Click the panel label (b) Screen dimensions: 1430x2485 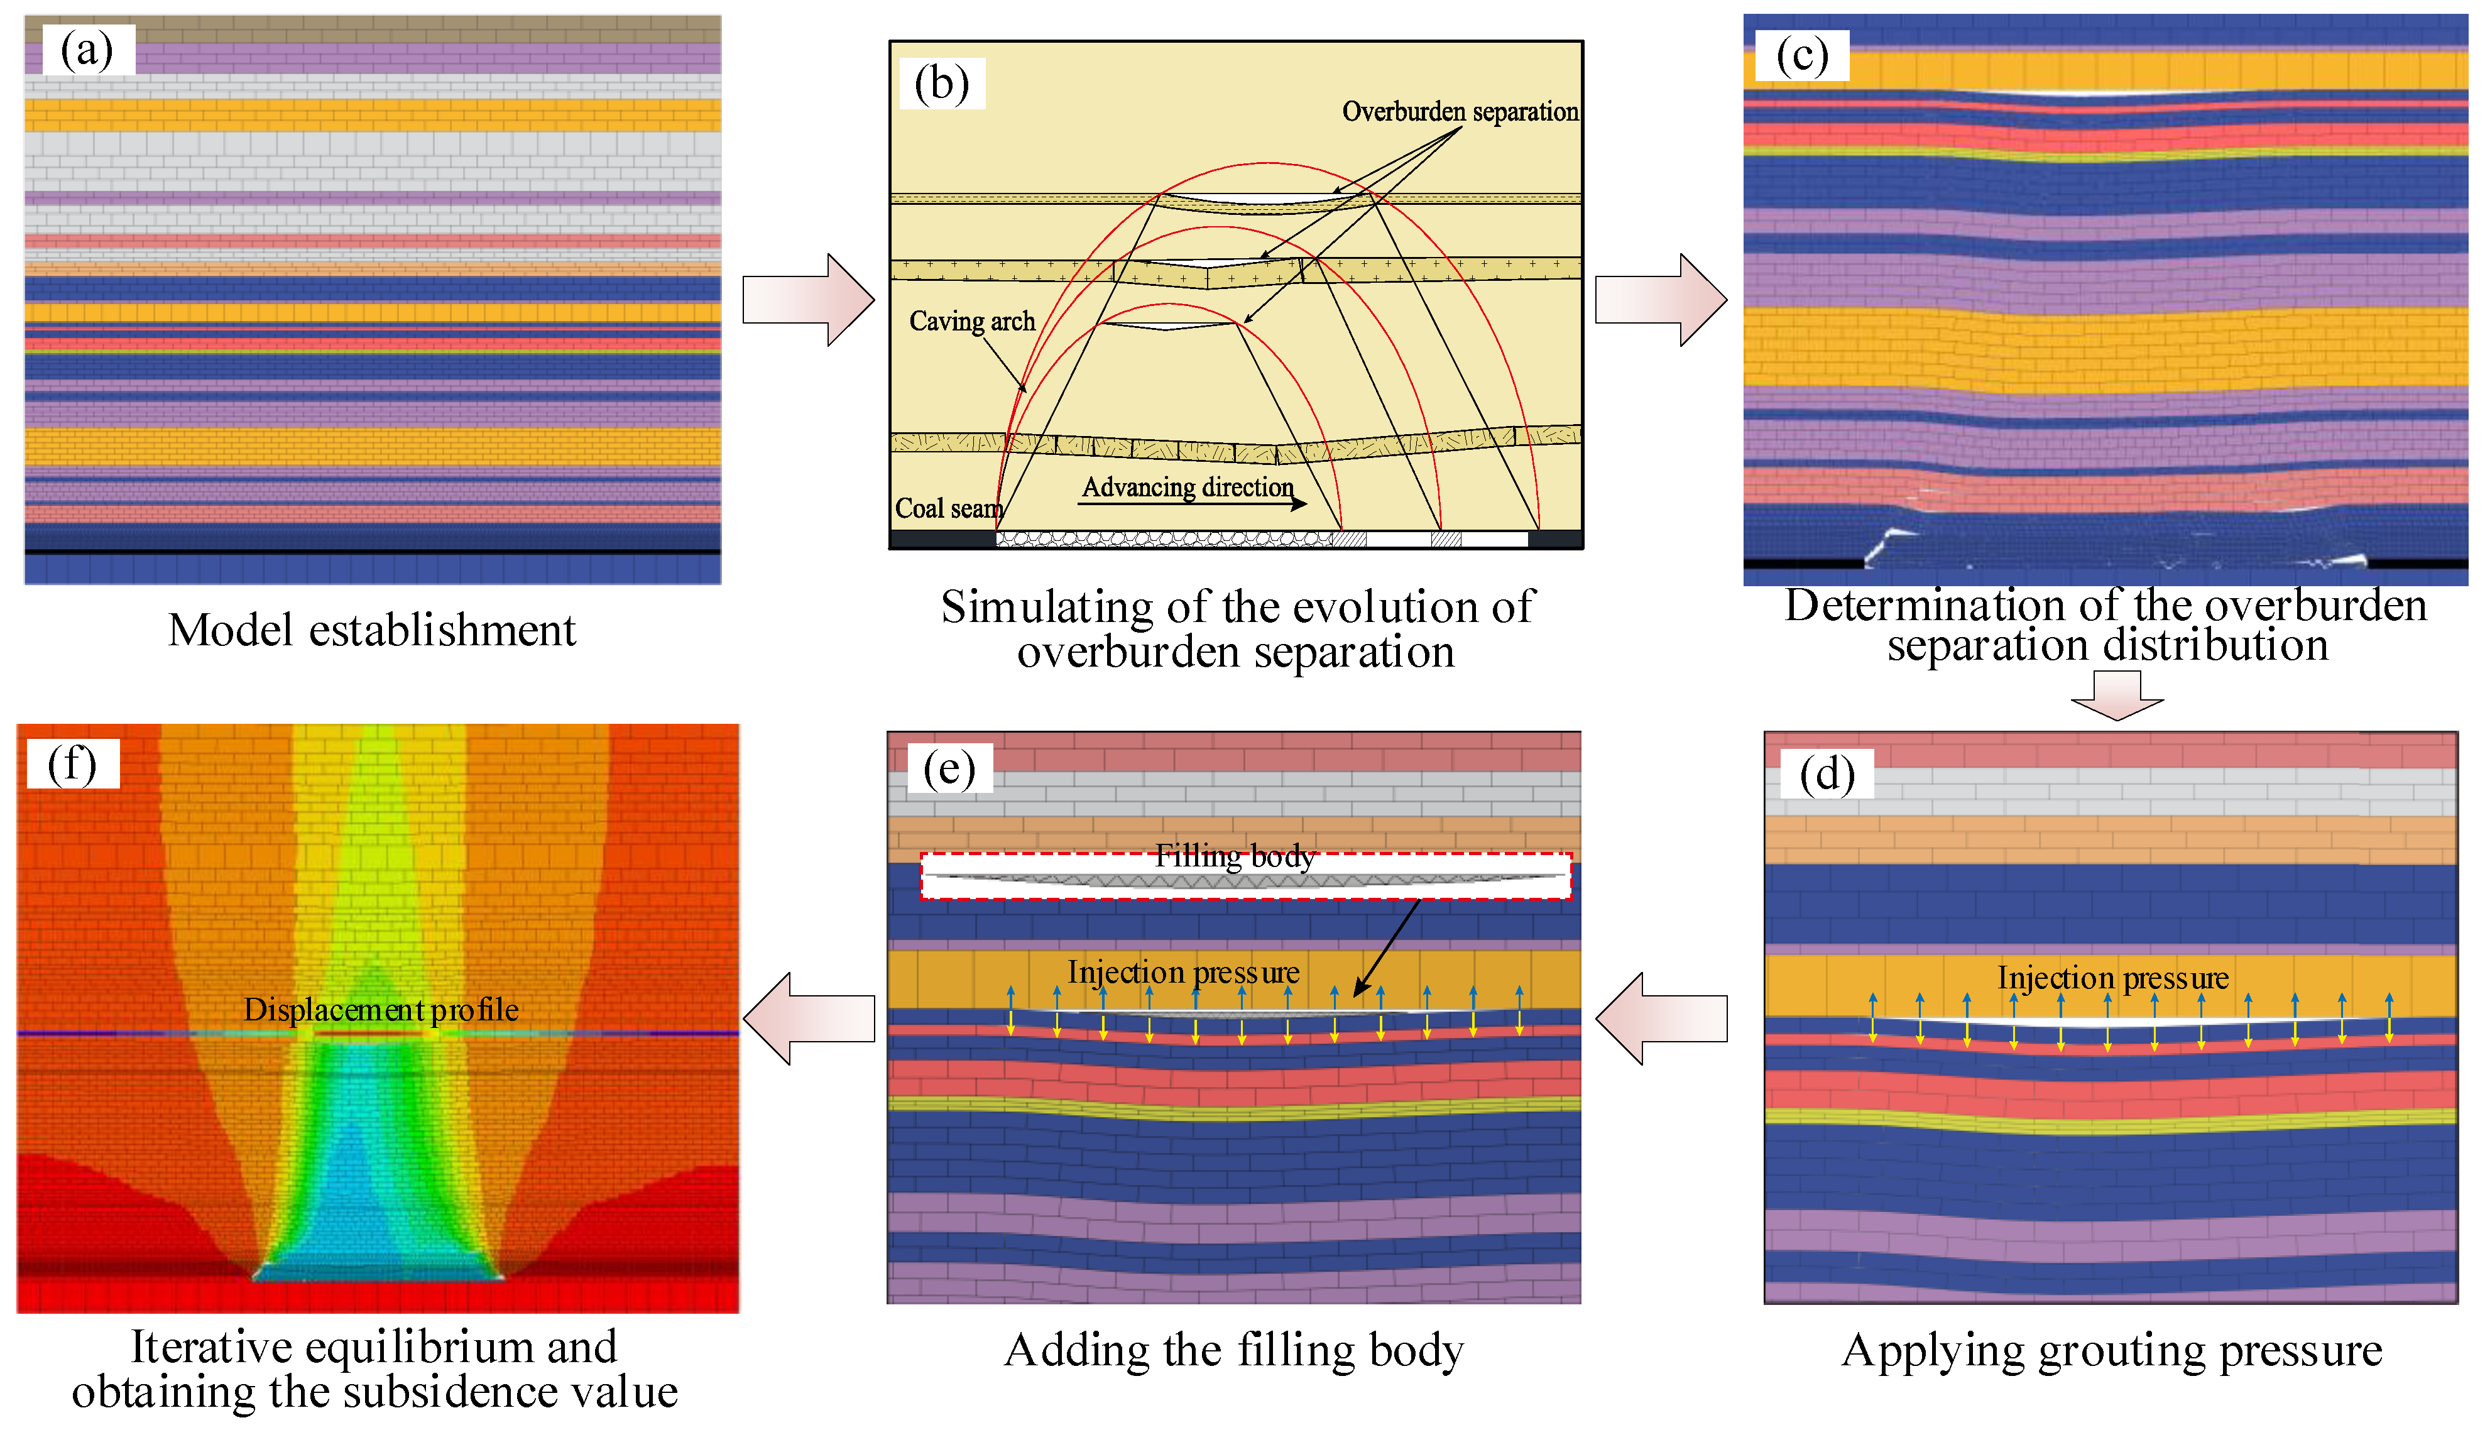[x=941, y=84]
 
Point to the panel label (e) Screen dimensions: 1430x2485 [x=949, y=768]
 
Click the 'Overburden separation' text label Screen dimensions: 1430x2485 [x=1460, y=112]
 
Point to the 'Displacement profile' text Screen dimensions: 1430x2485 [x=381, y=1010]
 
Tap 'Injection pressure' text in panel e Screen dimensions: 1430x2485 [x=1184, y=973]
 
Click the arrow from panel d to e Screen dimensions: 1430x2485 [x=1662, y=1018]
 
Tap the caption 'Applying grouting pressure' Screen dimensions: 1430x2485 [x=2112, y=1350]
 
